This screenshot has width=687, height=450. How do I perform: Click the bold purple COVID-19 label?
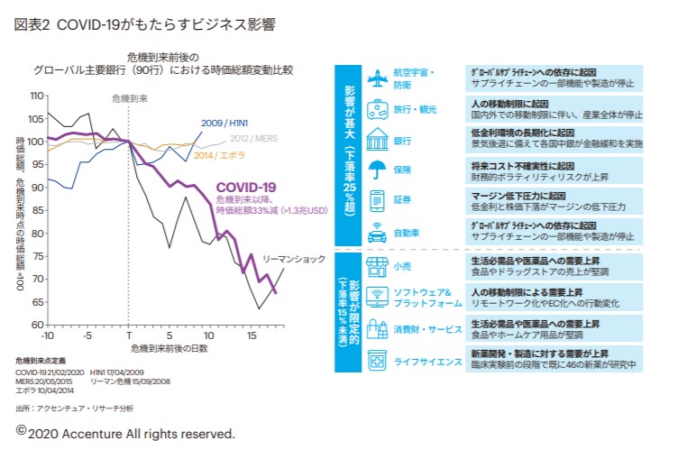point(245,188)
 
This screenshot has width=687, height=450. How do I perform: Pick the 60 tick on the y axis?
point(38,325)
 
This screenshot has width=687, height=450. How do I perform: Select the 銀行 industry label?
point(403,142)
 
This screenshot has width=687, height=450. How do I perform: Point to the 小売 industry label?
point(403,266)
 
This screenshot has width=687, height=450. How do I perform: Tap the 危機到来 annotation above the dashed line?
point(128,96)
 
